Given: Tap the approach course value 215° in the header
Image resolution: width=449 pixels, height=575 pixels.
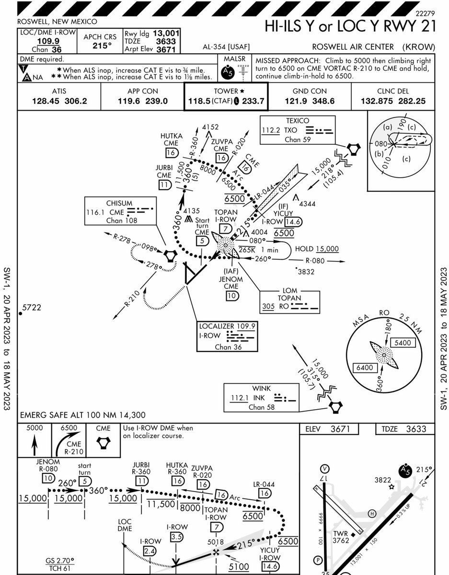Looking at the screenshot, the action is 102,46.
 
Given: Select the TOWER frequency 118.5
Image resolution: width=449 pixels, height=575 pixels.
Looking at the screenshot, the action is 199,101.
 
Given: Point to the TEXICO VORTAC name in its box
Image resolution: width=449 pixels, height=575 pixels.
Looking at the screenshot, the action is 298,121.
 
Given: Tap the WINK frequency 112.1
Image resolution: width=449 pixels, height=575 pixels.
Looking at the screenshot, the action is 240,398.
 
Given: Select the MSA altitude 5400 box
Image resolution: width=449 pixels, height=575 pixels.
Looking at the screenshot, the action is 403,343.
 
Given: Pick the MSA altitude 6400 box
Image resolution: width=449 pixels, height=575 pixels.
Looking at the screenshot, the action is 365,368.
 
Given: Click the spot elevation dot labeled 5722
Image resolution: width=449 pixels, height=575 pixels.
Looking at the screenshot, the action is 21,313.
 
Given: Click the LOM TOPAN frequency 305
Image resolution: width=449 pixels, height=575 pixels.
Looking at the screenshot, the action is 268,306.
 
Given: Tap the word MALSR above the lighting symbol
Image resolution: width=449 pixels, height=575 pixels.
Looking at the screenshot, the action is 235,59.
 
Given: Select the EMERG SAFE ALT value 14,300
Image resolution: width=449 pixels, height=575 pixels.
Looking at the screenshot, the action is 132,415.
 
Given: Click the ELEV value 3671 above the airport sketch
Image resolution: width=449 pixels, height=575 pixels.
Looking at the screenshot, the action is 340,429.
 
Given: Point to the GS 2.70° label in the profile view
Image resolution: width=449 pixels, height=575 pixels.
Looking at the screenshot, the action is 60,561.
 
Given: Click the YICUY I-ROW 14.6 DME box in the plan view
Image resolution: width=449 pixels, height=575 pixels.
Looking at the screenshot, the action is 293,222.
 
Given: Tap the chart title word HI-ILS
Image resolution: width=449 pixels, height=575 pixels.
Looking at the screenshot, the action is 283,26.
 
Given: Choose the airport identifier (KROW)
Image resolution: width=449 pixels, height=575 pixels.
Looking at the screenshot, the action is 419,47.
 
